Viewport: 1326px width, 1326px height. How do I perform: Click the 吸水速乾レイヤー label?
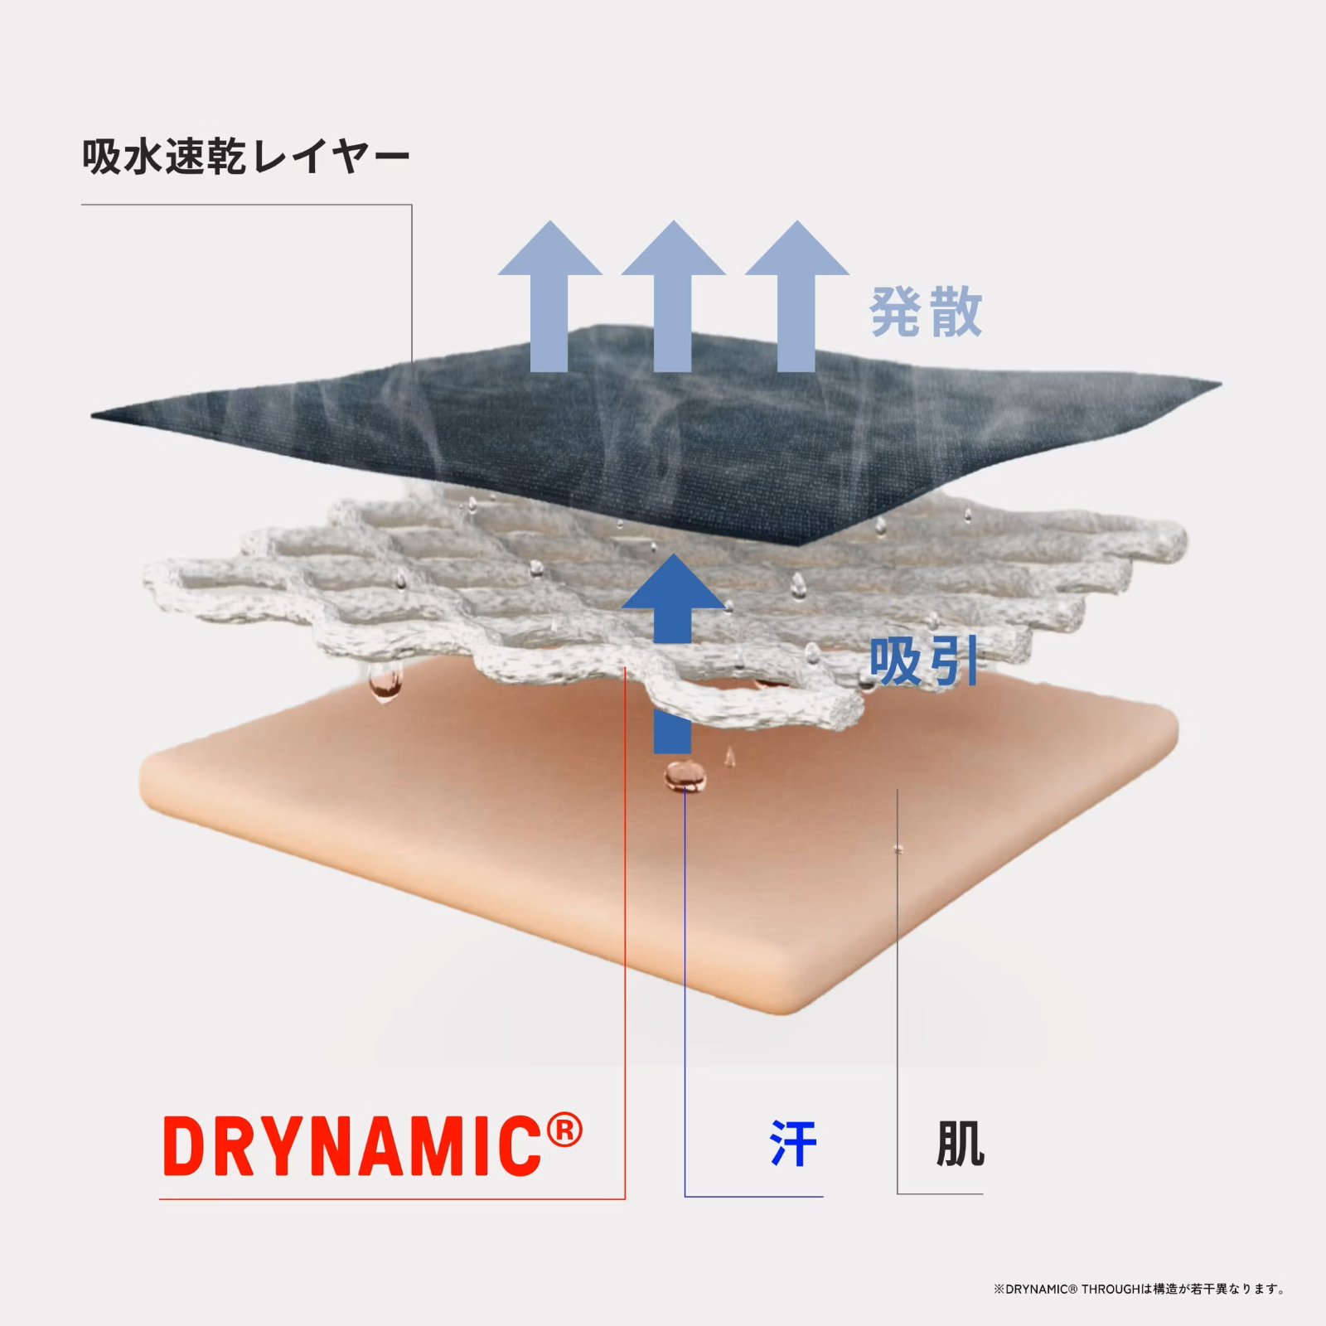pos(245,156)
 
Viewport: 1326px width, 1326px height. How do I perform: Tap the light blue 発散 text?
pos(926,312)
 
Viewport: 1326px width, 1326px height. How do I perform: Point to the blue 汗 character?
pos(792,1145)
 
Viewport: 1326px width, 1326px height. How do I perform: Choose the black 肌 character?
pos(960,1145)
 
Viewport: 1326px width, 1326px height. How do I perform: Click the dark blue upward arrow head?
pos(673,585)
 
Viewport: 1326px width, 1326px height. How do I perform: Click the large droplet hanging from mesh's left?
pos(384,682)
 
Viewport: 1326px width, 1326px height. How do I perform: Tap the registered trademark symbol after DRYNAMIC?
pos(564,1130)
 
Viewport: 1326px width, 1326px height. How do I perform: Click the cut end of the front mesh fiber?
pos(845,709)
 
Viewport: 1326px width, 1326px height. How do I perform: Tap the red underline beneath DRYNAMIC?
pos(390,1198)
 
